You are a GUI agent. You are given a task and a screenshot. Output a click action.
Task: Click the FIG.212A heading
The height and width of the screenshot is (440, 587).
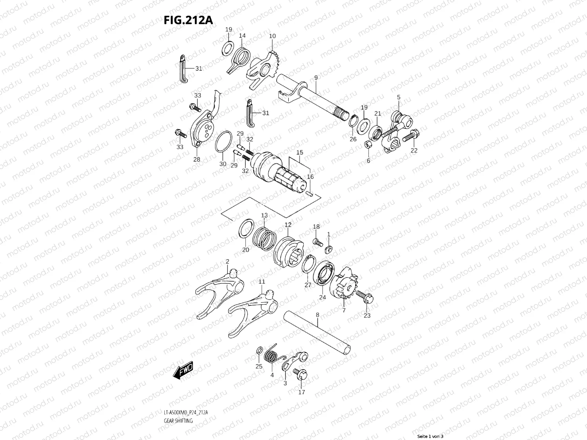(x=188, y=20)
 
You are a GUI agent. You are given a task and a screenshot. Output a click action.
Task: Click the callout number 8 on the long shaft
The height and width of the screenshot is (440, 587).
(x=317, y=315)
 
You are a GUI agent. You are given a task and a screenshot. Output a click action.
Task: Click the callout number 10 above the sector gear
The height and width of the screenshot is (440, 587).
(x=272, y=36)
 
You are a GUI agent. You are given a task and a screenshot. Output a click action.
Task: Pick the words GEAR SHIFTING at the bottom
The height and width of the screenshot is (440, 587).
(x=178, y=421)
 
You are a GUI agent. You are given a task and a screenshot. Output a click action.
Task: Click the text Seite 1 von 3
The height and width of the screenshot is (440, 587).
(x=431, y=436)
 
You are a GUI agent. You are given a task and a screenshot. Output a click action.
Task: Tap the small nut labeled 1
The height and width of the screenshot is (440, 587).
(x=329, y=249)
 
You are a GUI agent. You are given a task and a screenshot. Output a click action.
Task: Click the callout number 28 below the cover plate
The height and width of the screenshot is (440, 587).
(x=197, y=159)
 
